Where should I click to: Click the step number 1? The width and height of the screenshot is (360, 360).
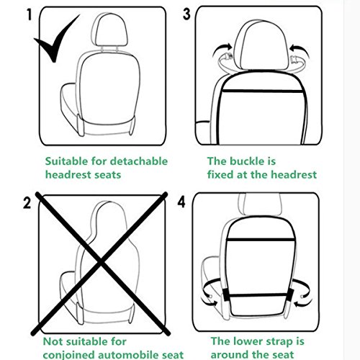tap(29, 14)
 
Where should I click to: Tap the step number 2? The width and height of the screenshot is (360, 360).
tap(27, 203)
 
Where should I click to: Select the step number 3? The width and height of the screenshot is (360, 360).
tap(186, 14)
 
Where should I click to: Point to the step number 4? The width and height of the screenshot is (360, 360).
tap(181, 202)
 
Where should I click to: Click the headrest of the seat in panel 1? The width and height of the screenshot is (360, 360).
tap(109, 30)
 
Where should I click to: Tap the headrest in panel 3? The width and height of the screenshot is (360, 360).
tap(261, 45)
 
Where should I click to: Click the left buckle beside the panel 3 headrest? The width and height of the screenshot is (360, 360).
tap(228, 57)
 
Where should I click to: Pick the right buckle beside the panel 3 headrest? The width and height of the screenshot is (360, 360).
tap(294, 59)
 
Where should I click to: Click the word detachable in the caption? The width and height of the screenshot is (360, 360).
tap(138, 161)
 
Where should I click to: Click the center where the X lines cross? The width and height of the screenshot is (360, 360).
tap(101, 263)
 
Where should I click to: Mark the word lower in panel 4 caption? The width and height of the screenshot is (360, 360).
tap(248, 341)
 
